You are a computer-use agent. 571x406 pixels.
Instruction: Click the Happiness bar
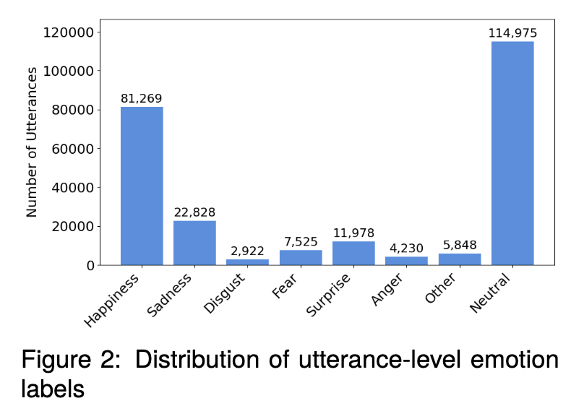142,186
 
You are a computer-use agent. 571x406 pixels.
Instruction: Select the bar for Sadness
194,243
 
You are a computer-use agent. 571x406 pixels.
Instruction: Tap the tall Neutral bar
512,153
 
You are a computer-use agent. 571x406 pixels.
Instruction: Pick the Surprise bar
353,253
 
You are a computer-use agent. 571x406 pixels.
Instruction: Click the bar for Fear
301,257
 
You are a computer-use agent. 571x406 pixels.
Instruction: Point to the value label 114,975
512,33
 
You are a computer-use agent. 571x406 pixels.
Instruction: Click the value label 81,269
142,98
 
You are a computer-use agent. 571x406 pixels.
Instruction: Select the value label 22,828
194,212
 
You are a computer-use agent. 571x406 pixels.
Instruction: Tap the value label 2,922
248,251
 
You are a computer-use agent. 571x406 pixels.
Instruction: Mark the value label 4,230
406,249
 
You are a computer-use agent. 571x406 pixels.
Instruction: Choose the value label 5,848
460,245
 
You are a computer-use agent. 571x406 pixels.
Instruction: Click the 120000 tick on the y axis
69,33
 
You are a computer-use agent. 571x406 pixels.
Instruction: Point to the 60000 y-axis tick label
73,149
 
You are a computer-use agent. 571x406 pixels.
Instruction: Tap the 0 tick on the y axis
90,265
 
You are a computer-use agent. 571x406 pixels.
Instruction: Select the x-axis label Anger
390,289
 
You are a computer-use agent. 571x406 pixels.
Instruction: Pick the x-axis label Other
442,288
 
